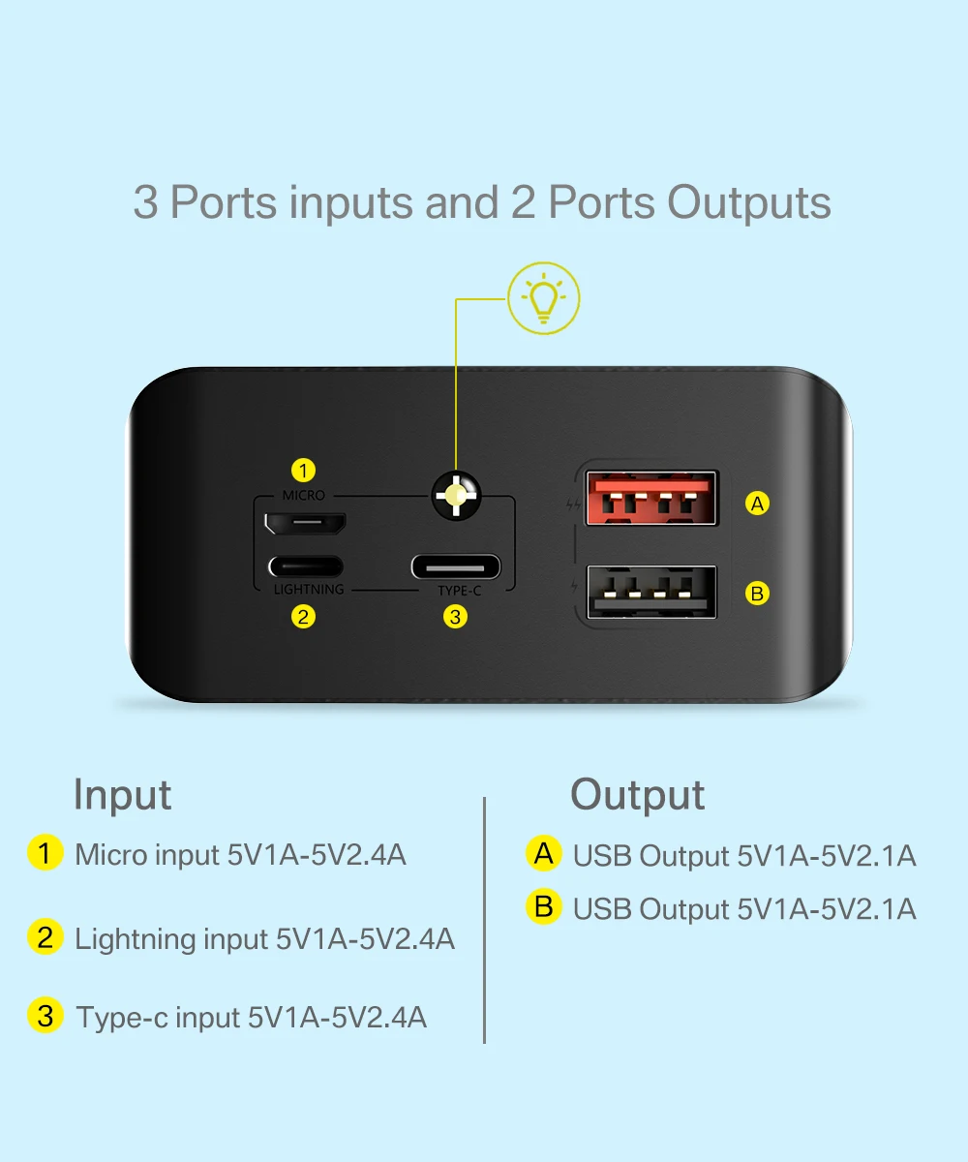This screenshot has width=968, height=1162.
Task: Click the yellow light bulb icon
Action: pos(544,299)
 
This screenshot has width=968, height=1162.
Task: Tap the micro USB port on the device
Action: pos(305,523)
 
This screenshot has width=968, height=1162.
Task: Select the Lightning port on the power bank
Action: pos(305,566)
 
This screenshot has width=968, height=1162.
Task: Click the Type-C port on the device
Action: pos(455,566)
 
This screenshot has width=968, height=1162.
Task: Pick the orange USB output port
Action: pos(651,498)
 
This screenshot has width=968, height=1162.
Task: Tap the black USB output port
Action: pos(651,592)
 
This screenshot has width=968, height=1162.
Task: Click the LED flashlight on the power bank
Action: pos(455,495)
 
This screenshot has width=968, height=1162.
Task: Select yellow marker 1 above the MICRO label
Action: pos(304,472)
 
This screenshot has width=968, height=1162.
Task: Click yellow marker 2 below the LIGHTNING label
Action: pos(304,616)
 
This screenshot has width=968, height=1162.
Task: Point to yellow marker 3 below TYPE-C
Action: pos(455,616)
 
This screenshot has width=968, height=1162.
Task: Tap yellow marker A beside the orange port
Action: pos(758,504)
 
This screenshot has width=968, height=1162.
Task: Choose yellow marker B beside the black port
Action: pos(758,593)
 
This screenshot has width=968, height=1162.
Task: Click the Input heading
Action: pos(122,795)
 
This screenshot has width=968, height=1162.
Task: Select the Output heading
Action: pos(637,795)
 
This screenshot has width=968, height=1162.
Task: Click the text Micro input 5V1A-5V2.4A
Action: pos(240,855)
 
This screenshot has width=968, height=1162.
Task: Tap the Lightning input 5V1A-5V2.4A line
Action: pos(264,938)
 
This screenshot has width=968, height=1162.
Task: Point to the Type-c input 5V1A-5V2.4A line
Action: pos(252,1017)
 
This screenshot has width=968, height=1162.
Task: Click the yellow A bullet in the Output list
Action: pos(544,853)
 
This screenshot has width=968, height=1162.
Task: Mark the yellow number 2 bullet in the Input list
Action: pos(45,937)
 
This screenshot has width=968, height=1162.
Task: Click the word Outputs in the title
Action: pos(749,203)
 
